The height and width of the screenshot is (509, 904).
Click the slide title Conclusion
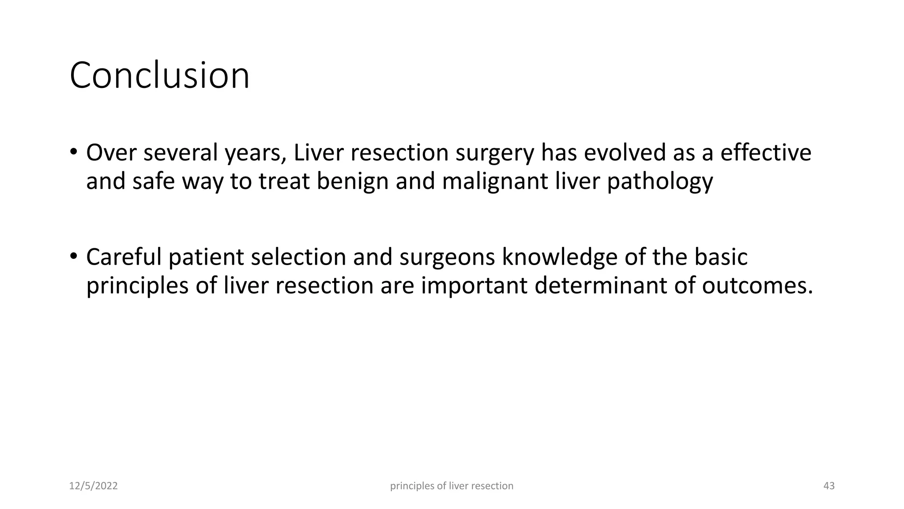point(159,76)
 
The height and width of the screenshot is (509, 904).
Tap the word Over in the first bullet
point(111,153)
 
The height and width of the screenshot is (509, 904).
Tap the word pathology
point(660,182)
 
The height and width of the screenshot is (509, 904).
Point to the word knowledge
point(559,257)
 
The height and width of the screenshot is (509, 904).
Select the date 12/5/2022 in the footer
point(94,486)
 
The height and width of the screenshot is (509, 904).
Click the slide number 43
point(829,486)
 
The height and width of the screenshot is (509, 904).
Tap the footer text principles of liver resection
point(452,486)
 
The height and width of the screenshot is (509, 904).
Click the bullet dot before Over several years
point(73,152)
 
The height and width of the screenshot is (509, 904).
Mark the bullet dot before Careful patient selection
point(73,256)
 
